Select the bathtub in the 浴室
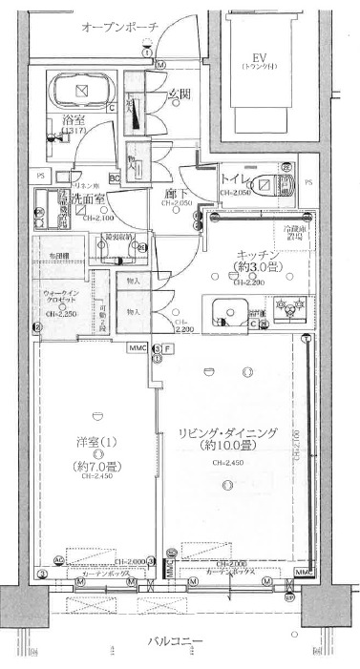click(x=81, y=94)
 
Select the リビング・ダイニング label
click(x=227, y=432)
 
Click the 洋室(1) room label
click(x=96, y=443)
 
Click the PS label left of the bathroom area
click(x=41, y=177)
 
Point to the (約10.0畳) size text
click(x=226, y=446)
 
